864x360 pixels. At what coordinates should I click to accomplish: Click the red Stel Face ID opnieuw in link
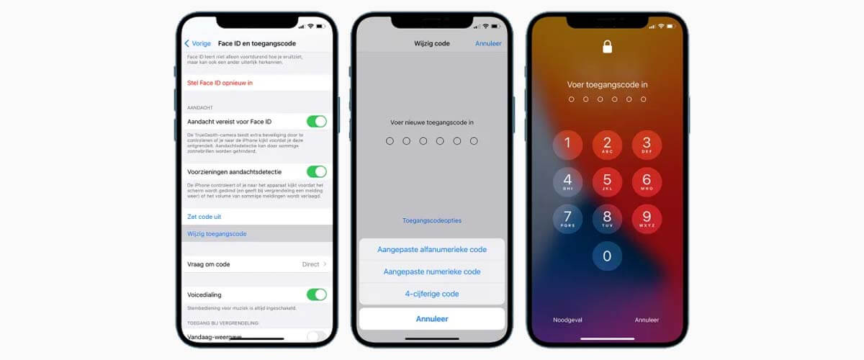pos(220,83)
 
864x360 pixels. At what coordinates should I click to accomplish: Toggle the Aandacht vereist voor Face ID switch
pos(316,121)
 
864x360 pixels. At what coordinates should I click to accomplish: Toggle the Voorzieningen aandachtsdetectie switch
pos(316,171)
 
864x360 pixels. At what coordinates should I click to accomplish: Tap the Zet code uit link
pos(204,216)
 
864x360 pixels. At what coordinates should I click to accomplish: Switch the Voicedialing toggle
pos(316,294)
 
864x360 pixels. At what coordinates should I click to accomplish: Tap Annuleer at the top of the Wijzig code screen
pos(489,43)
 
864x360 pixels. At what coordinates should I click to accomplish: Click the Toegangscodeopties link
pos(432,220)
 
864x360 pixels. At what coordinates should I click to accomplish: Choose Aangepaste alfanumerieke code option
pos(432,249)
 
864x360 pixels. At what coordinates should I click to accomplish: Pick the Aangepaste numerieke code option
pos(432,271)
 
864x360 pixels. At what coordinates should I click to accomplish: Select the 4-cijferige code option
pos(432,294)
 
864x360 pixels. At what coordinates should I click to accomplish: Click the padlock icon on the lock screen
pos(607,48)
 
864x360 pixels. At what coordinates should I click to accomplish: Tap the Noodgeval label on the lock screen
pos(567,320)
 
